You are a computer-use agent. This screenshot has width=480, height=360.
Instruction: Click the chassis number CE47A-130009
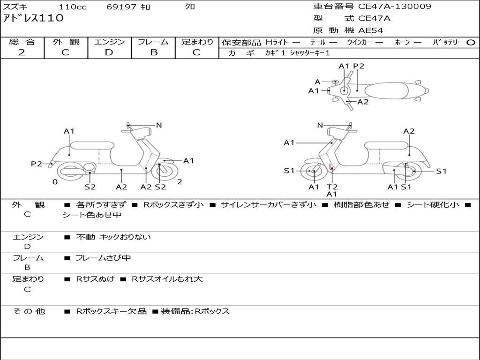tap(395, 7)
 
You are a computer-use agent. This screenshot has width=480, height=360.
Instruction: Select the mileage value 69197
tap(122, 7)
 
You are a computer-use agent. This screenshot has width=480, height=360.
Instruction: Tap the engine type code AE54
tap(371, 30)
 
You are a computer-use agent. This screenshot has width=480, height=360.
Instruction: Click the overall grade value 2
tap(22, 52)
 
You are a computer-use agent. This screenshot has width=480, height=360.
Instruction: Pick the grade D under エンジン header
tap(109, 52)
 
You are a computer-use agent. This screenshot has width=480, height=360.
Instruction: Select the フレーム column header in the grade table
tap(153, 42)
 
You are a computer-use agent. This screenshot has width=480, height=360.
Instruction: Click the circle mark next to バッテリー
tap(471, 42)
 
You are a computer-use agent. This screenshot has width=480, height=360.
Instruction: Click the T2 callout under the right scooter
tap(332, 187)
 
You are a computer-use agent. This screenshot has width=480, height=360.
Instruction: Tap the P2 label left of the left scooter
tap(37, 164)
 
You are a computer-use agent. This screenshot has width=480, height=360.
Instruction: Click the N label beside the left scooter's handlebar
tap(159, 125)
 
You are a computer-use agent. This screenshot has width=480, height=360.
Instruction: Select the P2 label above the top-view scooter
tap(359, 66)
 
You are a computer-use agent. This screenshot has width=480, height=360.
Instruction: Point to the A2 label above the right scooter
tap(409, 131)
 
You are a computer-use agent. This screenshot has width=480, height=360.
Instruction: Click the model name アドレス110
tap(33, 18)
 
